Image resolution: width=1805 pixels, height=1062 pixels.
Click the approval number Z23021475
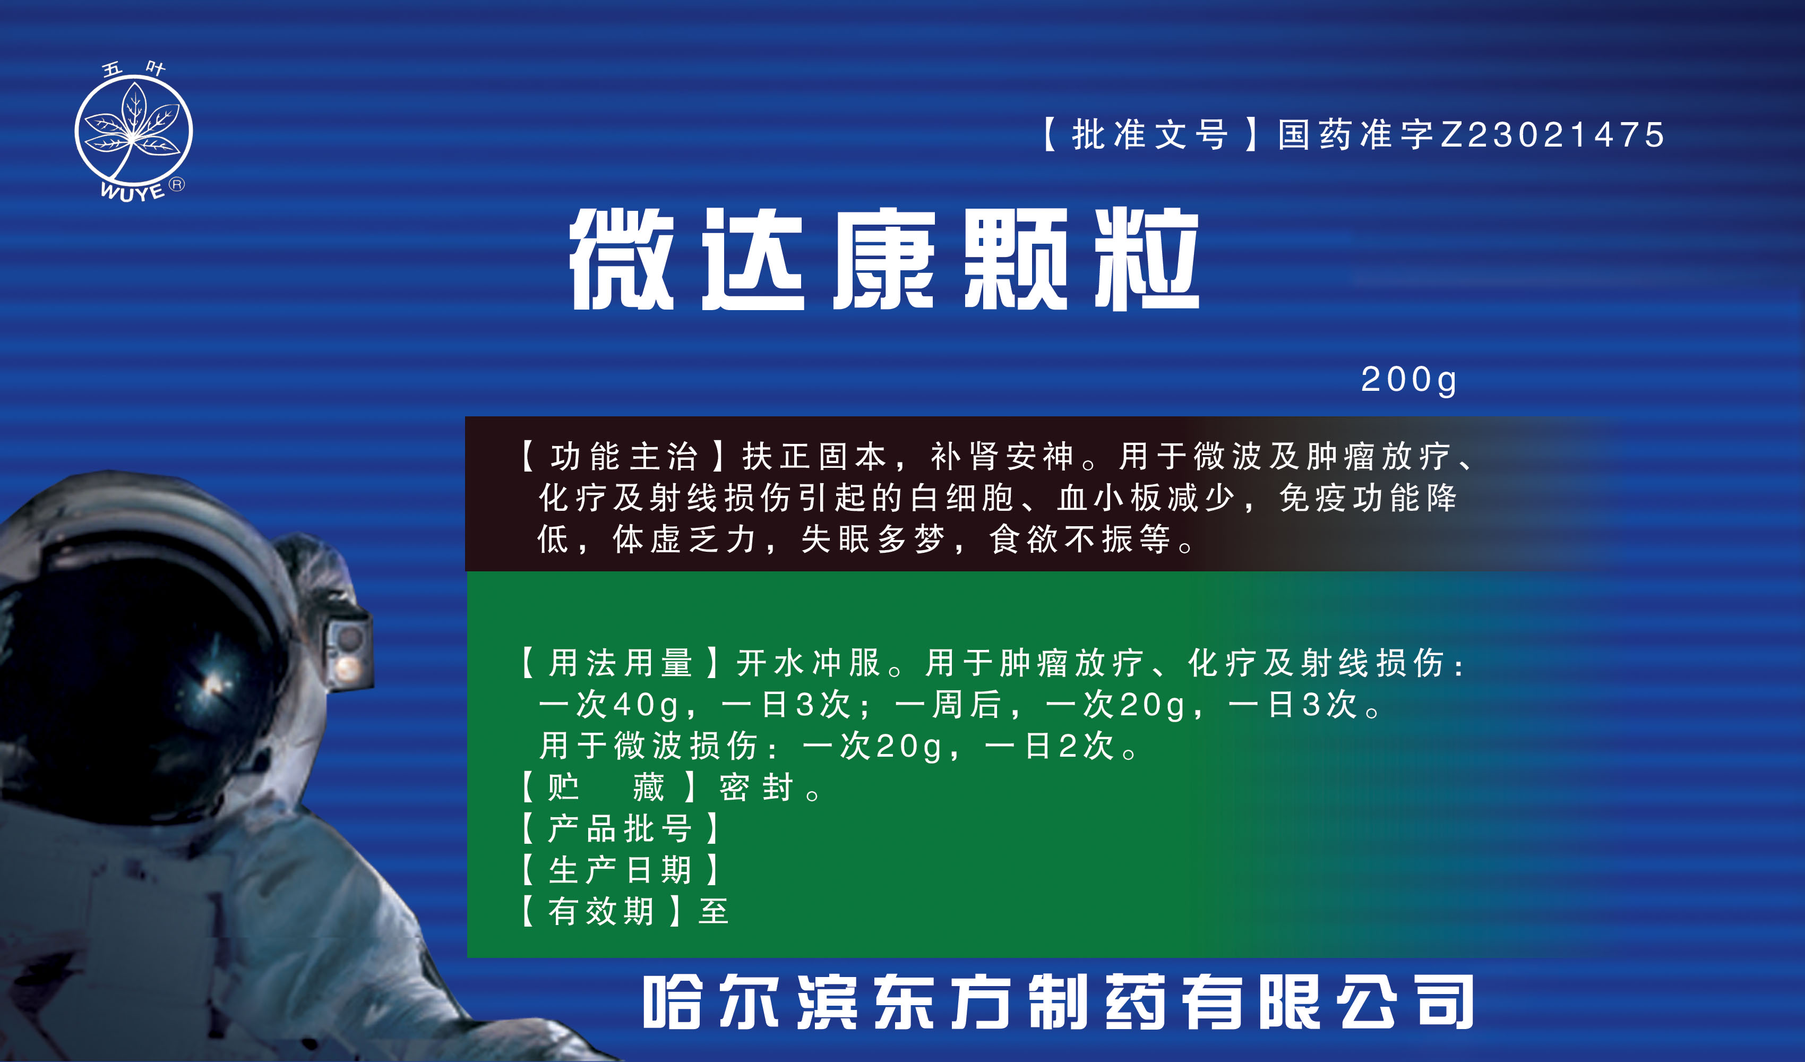[x=1553, y=135]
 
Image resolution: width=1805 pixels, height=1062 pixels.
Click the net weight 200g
[x=1409, y=380]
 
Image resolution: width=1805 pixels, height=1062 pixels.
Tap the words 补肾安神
[x=1002, y=457]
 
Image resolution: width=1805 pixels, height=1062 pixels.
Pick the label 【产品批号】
[x=620, y=829]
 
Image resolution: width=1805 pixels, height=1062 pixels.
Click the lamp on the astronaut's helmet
[x=349, y=648]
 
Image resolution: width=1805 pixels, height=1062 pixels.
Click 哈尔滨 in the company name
[x=750, y=1002]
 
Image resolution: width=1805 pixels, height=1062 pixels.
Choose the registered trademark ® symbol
[x=176, y=184]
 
